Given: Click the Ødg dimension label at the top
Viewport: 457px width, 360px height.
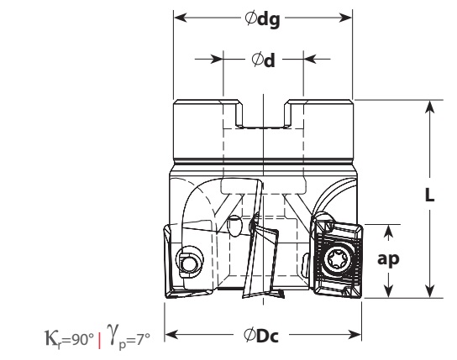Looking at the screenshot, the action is tap(262, 19).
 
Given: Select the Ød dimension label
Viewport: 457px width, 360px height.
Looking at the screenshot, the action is tap(263, 60).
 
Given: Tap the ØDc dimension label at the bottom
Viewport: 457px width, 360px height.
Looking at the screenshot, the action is tap(261, 336).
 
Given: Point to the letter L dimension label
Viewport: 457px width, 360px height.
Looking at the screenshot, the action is tap(429, 195).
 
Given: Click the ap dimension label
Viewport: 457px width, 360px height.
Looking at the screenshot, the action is tap(388, 258).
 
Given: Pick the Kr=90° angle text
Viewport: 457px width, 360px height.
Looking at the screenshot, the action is tap(70, 339).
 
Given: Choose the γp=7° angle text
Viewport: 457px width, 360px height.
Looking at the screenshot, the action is tap(129, 337).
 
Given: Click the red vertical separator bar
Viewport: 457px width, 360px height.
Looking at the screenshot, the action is tap(100, 340).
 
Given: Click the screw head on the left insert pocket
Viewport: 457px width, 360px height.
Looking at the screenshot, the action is tap(188, 263).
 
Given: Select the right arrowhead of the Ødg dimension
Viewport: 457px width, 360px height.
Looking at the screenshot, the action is tap(346, 18).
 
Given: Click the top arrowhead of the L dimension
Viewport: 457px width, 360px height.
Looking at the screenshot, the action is tap(429, 107).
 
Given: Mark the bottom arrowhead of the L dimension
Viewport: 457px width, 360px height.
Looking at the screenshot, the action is tap(429, 291).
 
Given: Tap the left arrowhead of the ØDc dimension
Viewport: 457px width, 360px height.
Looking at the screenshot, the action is tap(171, 334).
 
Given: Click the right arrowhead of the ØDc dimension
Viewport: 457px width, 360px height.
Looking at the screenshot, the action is tap(355, 334).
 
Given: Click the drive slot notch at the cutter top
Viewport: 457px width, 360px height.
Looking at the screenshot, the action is tap(264, 114).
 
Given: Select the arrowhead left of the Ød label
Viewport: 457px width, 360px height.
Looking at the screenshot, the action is tap(217, 59).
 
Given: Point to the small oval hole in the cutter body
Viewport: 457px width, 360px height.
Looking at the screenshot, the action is tap(234, 226).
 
